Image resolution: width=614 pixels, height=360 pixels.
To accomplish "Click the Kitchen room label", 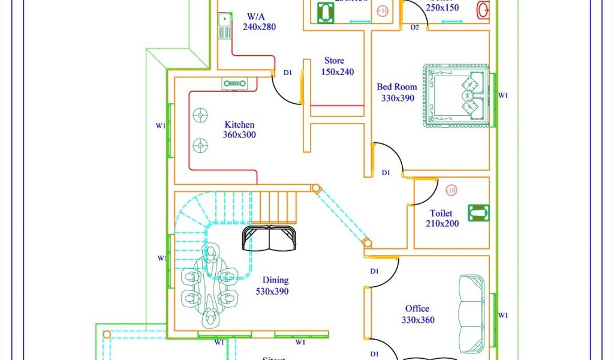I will coord(239,125).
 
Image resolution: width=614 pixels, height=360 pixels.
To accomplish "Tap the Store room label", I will coord(334,61).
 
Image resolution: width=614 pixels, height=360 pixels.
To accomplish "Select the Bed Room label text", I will coord(396,87).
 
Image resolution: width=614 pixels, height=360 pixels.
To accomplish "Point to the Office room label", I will coord(417,309).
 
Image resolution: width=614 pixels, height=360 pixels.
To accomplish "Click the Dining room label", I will coord(275,280).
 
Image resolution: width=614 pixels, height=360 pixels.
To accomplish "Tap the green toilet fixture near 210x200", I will coord(478,212).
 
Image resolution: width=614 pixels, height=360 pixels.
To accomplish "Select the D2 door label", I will coord(415,28).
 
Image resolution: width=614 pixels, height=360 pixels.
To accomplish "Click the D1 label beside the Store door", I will coord(288,73).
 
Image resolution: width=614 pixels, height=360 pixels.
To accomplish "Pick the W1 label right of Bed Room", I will coord(503,95).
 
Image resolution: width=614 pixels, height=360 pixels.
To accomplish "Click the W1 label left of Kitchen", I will coord(161,126).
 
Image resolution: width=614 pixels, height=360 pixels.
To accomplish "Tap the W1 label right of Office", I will coord(503,316).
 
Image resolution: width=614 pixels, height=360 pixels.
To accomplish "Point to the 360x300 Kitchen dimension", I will coord(239,135).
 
